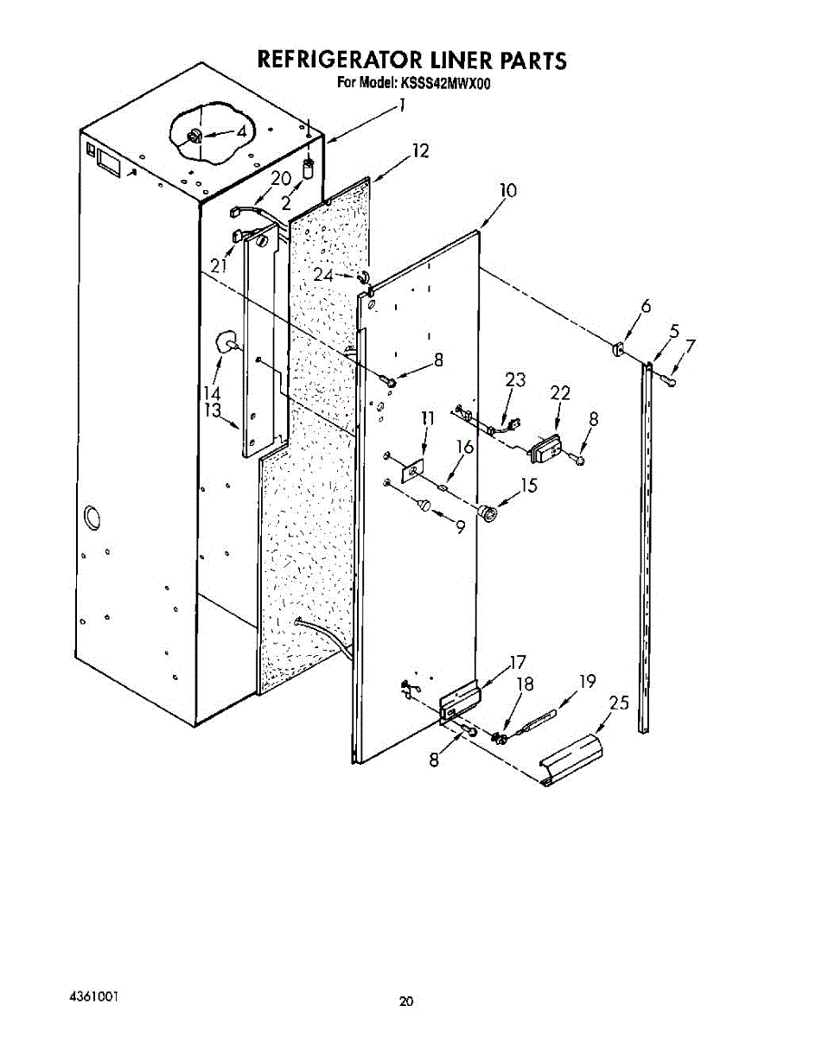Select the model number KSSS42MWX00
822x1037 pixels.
point(446,85)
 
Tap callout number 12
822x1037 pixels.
point(420,152)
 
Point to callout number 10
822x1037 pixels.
point(507,191)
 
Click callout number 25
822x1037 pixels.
point(619,703)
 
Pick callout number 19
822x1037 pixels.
point(588,682)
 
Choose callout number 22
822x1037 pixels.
point(560,393)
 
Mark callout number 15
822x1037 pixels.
point(529,486)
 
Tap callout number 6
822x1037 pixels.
point(645,305)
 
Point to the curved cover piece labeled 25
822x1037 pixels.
point(572,760)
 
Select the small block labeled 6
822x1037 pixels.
point(618,350)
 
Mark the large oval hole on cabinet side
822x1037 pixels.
point(91,520)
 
